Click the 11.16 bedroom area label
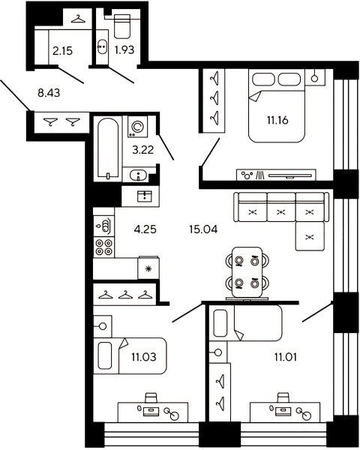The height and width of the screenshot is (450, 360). (277, 120)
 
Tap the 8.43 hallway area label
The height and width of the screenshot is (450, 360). (49, 93)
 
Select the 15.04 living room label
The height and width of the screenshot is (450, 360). (203, 229)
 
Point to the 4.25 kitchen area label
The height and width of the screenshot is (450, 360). (145, 229)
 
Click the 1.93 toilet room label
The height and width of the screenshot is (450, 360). (124, 50)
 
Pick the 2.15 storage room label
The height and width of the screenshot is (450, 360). (62, 51)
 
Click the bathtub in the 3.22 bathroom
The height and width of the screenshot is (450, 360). (108, 148)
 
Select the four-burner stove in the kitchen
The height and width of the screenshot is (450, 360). (103, 247)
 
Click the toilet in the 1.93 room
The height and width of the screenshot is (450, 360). (122, 26)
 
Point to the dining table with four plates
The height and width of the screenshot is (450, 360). (247, 272)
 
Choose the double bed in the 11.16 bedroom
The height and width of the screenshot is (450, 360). (276, 106)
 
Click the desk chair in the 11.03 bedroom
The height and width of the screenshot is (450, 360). (151, 398)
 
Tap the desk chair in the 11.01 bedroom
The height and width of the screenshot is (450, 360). (283, 398)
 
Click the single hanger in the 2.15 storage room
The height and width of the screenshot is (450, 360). (78, 19)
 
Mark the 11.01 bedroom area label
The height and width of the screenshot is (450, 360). (286, 357)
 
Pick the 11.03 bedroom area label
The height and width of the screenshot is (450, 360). (144, 357)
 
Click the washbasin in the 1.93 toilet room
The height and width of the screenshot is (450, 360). (102, 46)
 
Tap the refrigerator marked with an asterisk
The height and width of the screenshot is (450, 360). (148, 268)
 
